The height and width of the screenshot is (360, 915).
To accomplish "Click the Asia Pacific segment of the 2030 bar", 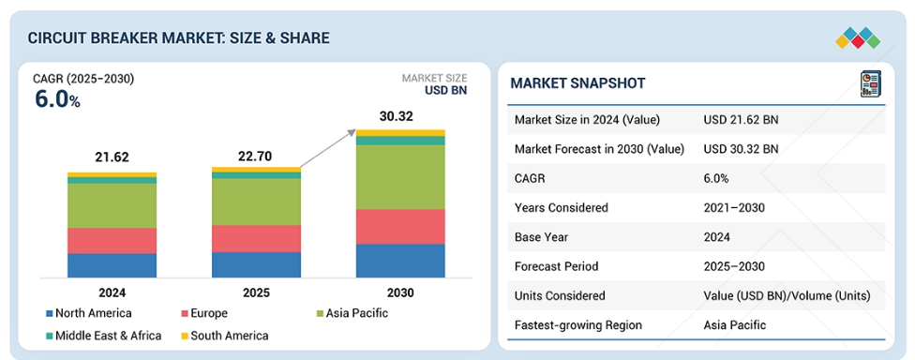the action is (x=400, y=177).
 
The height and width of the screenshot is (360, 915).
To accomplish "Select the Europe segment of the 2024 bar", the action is (x=112, y=240).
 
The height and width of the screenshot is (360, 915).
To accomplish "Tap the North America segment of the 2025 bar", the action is (x=256, y=265).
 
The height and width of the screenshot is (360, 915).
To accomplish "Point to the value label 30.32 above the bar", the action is (x=397, y=116).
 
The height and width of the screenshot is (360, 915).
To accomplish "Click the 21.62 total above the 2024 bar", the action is (x=112, y=157).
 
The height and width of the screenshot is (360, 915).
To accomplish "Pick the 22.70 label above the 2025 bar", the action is (x=254, y=157).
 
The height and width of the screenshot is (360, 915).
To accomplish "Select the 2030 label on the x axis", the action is (x=400, y=292).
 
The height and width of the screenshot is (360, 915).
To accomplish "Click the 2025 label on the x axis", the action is (x=256, y=292).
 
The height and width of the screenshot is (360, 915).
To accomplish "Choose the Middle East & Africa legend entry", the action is (x=103, y=336).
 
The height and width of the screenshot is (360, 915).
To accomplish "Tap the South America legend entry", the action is (x=225, y=336).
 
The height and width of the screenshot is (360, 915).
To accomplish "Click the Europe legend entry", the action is (x=204, y=313).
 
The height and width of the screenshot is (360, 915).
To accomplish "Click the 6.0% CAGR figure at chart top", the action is (x=57, y=99).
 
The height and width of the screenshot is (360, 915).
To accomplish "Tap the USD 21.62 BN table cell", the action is (x=742, y=120).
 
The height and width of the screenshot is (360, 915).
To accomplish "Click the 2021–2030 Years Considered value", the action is (x=734, y=208).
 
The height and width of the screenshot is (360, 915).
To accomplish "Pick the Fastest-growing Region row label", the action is (x=578, y=325).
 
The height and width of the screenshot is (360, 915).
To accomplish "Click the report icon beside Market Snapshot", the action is (x=869, y=83).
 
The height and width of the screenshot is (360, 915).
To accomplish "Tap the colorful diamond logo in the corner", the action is (x=858, y=37).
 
